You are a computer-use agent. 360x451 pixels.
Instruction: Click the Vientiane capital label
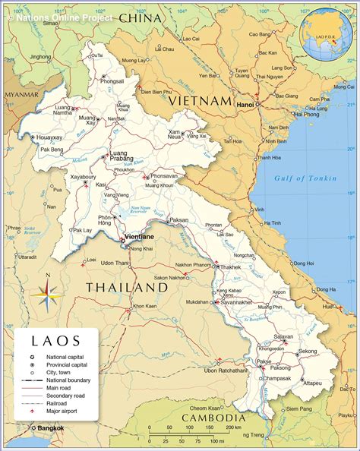pyautogui.click(x=139, y=237)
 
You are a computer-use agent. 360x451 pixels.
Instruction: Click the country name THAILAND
pyautogui.click(x=126, y=288)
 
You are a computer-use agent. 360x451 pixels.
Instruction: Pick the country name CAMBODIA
pyautogui.click(x=213, y=418)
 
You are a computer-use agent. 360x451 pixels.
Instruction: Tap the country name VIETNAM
pyautogui.click(x=200, y=100)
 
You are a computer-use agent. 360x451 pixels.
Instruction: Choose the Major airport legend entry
pyautogui.click(x=63, y=412)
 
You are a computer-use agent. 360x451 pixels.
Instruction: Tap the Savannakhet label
pyautogui.click(x=237, y=301)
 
